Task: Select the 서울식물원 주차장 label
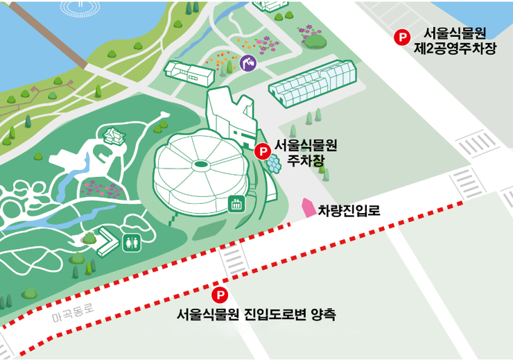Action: [306, 152]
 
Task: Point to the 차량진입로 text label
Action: [349, 210]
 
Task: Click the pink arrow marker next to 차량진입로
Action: [307, 207]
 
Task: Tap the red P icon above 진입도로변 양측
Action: [219, 295]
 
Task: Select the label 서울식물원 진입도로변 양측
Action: [256, 315]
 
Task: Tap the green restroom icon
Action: [131, 242]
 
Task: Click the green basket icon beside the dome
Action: [236, 204]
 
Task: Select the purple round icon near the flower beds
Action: [248, 63]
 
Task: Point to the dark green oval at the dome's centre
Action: [202, 164]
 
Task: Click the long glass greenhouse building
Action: [313, 85]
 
